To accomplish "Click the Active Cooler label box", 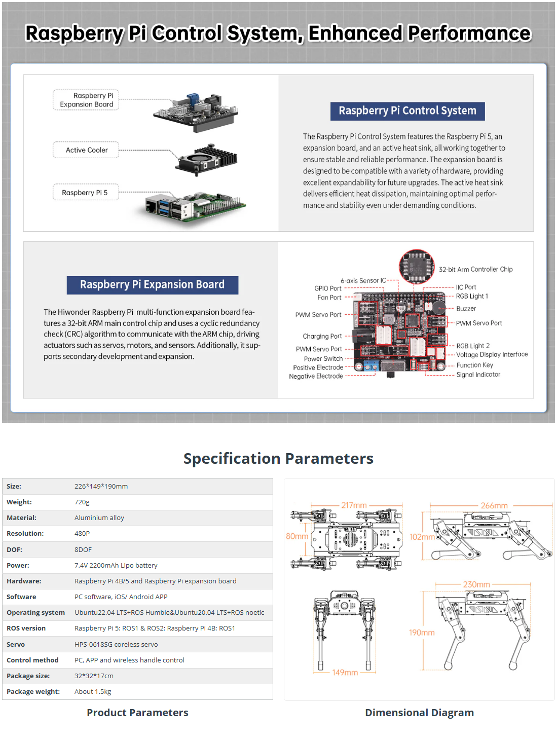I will [86, 150].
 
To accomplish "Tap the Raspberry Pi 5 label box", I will [86, 193].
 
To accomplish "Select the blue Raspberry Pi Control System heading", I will [407, 111].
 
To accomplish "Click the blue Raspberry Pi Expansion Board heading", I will [152, 285].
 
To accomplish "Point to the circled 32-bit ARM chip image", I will [417, 265].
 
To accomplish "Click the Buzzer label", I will [466, 309].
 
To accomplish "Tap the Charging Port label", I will [322, 336].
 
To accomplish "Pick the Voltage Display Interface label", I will [492, 355].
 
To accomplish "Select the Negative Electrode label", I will [316, 376].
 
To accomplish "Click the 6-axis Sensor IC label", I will [363, 280].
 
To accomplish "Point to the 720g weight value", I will [82, 502].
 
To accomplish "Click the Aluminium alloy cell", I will [99, 518].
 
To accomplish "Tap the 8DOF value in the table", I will [83, 549].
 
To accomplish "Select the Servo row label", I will [16, 644].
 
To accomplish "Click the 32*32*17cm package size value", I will [94, 676].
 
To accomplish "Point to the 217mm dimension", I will [354, 505].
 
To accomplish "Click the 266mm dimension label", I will [494, 506].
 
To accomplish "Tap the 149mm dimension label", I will [345, 673].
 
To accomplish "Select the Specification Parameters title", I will [278, 459].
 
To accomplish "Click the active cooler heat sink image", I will [207, 159].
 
